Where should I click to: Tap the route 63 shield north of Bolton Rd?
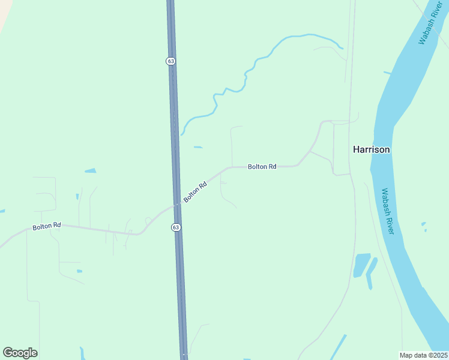pos(171,61)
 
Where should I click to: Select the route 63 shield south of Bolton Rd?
pos(175,227)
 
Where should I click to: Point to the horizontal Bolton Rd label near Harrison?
pos(262,166)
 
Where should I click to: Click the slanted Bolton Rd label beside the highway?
pos(195,191)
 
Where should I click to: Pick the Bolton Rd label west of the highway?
pos(47,226)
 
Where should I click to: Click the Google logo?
pos(20,353)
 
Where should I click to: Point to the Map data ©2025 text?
pos(423,355)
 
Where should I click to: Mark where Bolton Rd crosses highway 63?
pos(177,205)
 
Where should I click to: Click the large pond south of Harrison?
pos(361,264)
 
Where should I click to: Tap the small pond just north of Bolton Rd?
pos(197,147)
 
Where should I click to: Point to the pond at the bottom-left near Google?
pos(83,352)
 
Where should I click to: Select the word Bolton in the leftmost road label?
pos(41,226)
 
